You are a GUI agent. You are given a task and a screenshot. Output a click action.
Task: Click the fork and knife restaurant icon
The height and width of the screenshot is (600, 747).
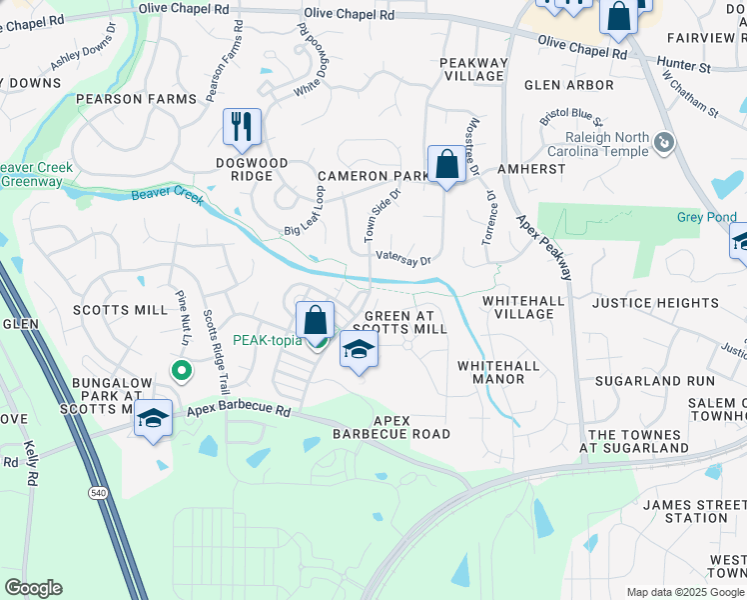point(242,126)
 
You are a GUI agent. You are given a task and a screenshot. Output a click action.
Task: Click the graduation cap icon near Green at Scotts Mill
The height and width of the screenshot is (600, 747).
point(360,350)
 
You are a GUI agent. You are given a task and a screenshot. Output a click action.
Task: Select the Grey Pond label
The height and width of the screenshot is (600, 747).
point(706,217)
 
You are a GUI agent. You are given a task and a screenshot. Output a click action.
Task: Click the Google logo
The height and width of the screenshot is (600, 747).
point(34,588)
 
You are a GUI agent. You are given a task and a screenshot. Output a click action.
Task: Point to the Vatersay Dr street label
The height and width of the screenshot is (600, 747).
point(402,258)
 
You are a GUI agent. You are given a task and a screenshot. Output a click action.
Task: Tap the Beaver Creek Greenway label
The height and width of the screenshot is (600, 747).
point(36,174)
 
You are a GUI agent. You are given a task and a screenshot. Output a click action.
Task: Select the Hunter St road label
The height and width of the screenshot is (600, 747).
point(684,67)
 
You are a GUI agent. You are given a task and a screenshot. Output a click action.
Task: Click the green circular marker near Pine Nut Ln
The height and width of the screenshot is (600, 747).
point(181,372)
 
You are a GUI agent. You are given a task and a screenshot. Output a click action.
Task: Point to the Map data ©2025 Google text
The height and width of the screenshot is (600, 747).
point(684,592)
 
